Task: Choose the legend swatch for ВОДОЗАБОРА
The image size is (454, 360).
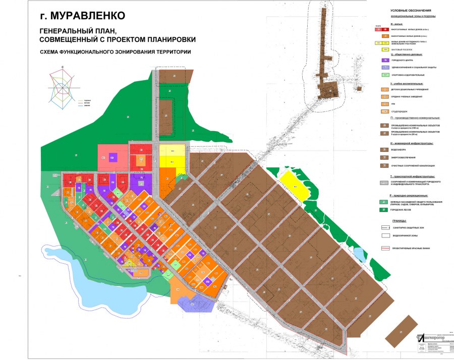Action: pos(384,149)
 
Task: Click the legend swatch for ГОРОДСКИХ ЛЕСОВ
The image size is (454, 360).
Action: pos(384,209)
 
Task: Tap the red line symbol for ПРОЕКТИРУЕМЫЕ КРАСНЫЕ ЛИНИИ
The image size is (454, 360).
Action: pos(384,249)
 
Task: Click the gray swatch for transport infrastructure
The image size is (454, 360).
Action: pos(384,182)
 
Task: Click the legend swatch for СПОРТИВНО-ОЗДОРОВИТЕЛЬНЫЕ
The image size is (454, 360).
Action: pos(384,75)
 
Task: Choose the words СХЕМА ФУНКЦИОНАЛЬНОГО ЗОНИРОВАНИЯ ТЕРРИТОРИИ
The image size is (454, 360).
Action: pos(116,52)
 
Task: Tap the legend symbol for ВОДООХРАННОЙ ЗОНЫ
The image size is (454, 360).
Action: pos(384,235)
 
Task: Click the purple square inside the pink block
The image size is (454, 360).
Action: pos(113,157)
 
